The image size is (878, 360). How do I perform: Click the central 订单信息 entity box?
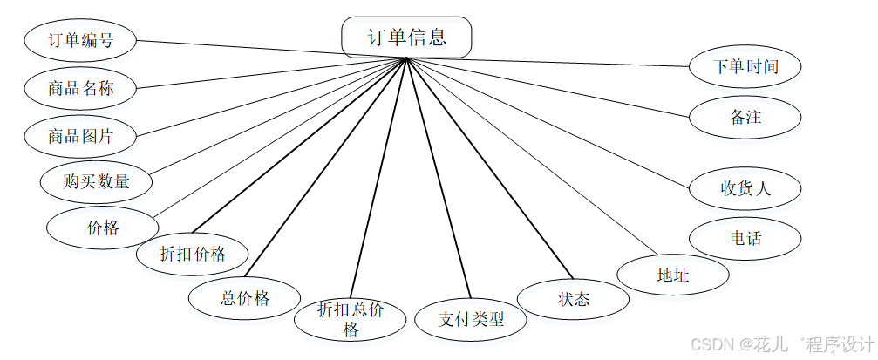(x=406, y=37)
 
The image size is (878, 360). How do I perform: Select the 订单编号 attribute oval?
(x=80, y=40)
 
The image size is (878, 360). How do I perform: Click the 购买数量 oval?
(x=96, y=182)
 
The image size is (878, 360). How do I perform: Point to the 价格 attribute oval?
(x=102, y=228)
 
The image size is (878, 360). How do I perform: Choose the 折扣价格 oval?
(x=193, y=254)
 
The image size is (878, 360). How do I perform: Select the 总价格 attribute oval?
(x=245, y=298)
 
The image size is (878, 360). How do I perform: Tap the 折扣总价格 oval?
(x=350, y=319)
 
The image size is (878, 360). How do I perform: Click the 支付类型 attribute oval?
(x=471, y=319)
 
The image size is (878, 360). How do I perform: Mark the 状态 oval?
(x=573, y=300)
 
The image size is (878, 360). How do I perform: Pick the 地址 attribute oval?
(x=672, y=275)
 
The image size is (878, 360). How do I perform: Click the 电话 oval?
(x=745, y=238)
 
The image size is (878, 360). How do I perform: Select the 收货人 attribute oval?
(x=745, y=187)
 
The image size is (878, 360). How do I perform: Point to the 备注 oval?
(x=745, y=116)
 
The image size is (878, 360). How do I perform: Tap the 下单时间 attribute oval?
(x=745, y=66)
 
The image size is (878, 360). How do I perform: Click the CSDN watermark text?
(x=781, y=343)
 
